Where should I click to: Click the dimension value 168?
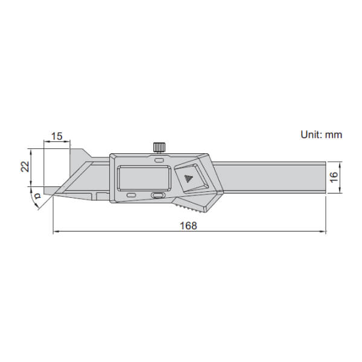click(189, 224)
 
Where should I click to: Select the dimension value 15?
click(57, 136)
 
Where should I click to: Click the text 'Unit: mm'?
click(321, 135)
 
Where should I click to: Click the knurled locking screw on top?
click(160, 147)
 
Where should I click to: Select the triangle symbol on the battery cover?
click(188, 179)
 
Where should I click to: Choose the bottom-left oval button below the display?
click(131, 195)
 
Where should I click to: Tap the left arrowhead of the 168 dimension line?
click(56, 231)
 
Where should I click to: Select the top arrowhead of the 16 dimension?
click(341, 164)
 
